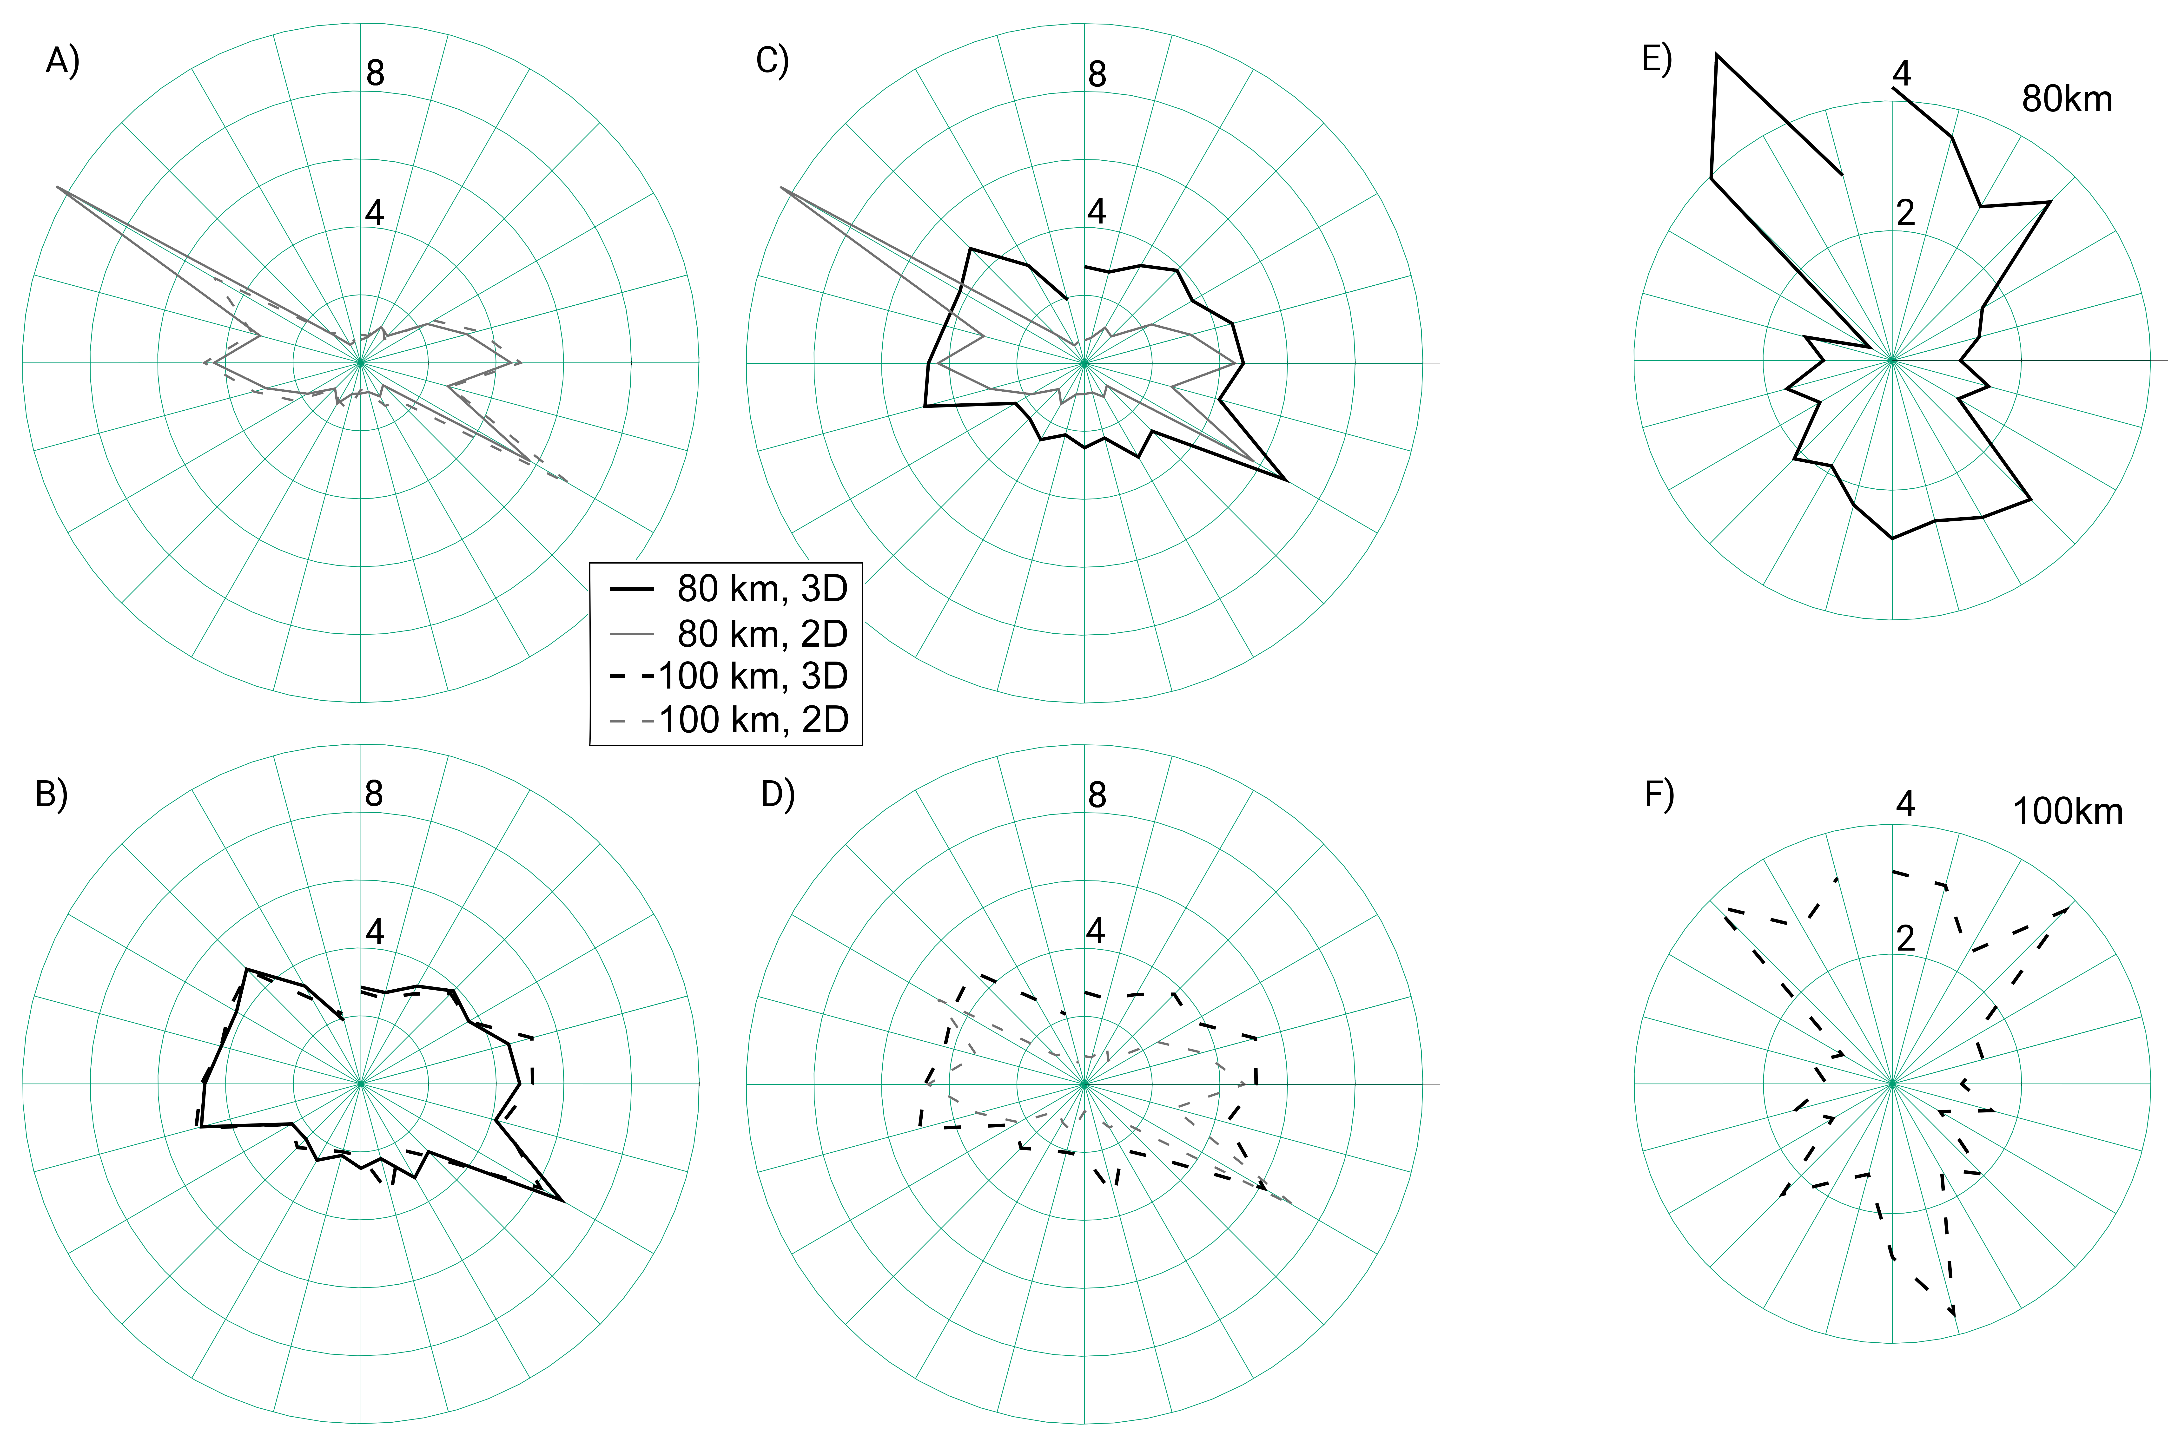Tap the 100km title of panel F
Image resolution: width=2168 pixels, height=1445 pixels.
(2067, 812)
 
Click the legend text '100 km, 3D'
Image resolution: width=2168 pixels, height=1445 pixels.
(752, 677)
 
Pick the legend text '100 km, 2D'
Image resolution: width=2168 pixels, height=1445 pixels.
(752, 720)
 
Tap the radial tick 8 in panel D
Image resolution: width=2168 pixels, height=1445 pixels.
(1097, 794)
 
